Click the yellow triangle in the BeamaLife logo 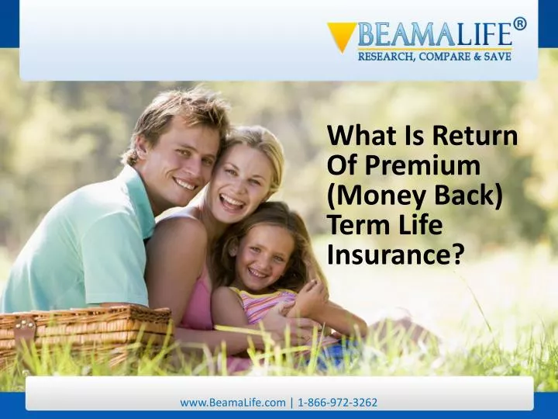[x=341, y=36]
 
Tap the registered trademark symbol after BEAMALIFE [x=519, y=23]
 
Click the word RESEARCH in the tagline [x=384, y=57]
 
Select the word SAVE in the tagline [x=496, y=57]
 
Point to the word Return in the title [x=475, y=136]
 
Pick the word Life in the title [x=422, y=225]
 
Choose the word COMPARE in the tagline [x=446, y=57]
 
